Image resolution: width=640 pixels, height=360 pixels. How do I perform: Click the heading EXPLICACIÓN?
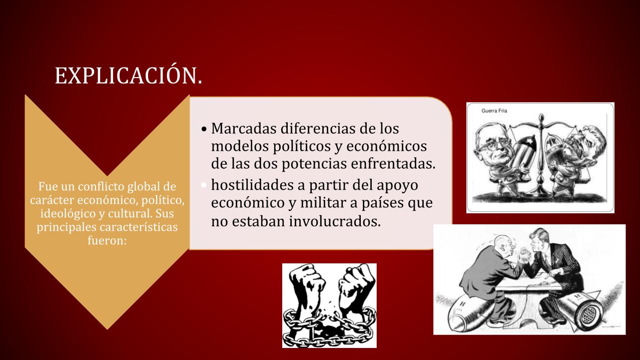(128, 76)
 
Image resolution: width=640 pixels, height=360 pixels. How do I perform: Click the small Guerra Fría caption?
(494, 111)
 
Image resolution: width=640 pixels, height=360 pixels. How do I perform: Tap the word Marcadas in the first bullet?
(243, 128)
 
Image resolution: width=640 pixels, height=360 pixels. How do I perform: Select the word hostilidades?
(252, 185)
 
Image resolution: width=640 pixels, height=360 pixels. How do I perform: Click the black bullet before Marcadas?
(204, 129)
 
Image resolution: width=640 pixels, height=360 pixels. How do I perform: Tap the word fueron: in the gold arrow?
(107, 240)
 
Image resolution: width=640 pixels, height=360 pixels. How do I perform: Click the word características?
(139, 227)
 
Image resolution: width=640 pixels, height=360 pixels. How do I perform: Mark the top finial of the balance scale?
(541, 117)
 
